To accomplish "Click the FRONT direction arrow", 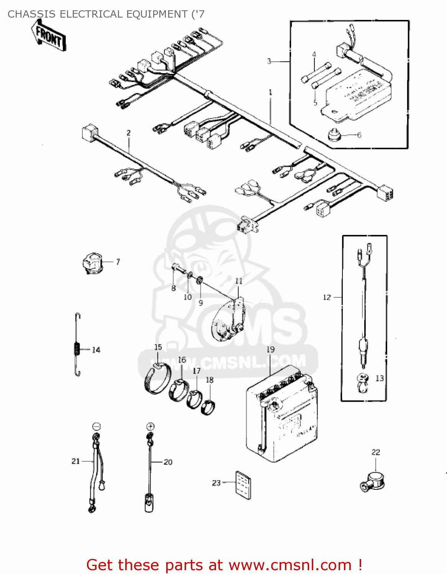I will pos(49,36).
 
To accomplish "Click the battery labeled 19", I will pos(282,415).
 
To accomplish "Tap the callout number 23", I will pos(216,483).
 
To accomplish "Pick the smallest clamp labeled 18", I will pos(208,406).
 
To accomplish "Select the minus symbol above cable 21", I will pos(97,426).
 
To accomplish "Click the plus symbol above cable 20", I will pos(150,426).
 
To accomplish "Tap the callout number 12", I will pos(327,297).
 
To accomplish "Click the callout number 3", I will pos(269,61).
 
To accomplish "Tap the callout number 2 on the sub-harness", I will pos(129,133).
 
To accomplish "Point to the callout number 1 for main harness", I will pos(270,92).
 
